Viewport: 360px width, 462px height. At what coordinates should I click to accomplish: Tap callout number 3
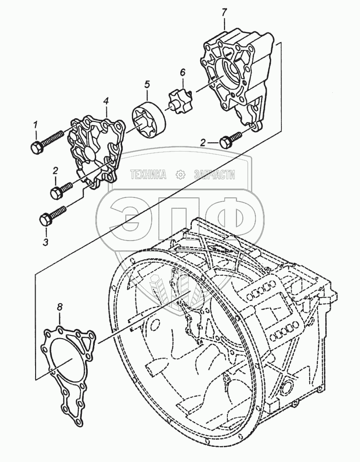(45, 241)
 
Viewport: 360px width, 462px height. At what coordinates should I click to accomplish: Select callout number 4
(106, 100)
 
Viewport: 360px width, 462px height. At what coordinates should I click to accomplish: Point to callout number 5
(147, 84)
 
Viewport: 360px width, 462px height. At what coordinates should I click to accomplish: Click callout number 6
(182, 72)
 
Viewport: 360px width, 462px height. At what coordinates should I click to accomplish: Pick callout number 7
(224, 12)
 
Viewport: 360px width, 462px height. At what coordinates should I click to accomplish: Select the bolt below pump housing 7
(230, 140)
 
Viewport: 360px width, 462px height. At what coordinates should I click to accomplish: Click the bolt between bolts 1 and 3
(61, 189)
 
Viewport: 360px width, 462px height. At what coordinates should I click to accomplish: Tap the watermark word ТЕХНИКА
(148, 175)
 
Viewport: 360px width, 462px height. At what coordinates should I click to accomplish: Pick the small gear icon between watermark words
(180, 175)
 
